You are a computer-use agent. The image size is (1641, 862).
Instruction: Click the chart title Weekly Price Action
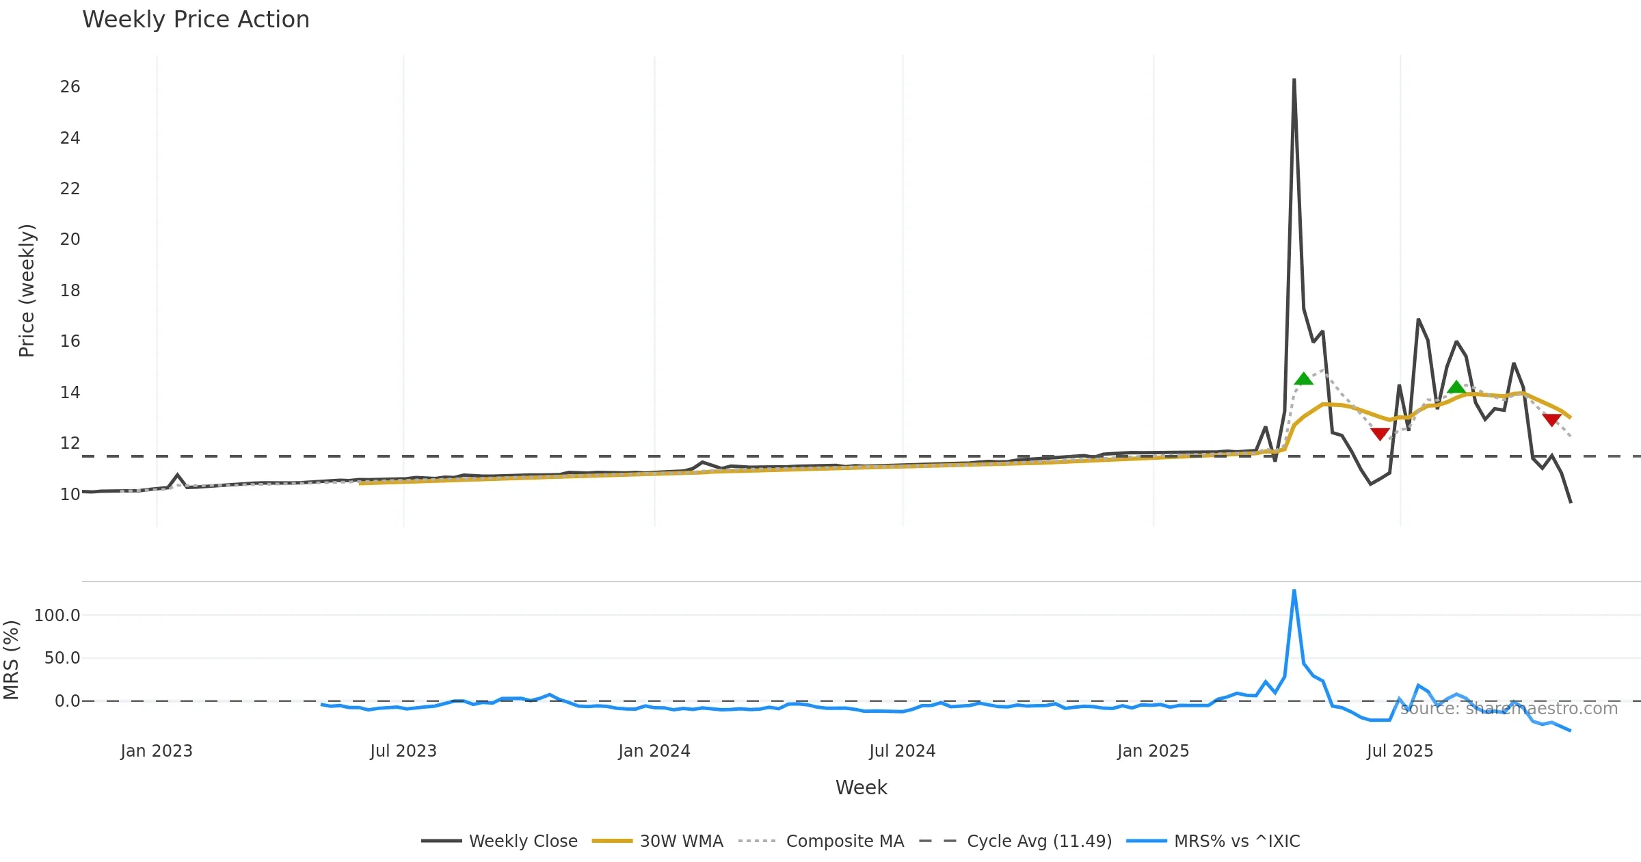pos(196,20)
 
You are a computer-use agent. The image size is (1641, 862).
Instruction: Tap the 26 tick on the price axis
pos(70,87)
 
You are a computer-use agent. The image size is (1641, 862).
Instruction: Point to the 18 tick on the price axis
pos(70,291)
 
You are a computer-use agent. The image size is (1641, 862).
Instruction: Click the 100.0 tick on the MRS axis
pos(57,616)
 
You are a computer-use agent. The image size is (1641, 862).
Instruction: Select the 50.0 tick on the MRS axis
pos(62,658)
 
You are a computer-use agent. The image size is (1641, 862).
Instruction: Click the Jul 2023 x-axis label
pos(403,751)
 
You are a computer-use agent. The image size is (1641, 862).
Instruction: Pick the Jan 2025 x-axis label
pos(1153,751)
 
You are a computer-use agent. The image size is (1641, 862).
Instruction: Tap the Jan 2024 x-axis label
pos(654,751)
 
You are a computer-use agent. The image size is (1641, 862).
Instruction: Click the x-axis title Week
pos(861,788)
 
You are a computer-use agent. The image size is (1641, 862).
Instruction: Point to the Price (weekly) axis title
pos(27,291)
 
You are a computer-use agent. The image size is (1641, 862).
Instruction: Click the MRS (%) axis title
pos(11,660)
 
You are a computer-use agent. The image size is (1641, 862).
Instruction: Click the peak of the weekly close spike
pos(1294,80)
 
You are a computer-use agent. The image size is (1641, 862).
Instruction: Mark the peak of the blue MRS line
pos(1294,590)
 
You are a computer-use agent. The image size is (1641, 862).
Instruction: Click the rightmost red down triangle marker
pos(1551,419)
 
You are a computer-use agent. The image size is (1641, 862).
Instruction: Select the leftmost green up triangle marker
pos(1303,379)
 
